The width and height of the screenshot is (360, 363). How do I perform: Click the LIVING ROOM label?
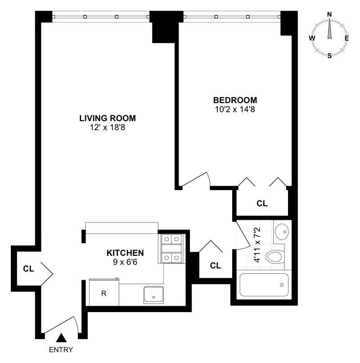point(108,118)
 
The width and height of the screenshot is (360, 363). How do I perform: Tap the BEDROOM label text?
point(235,100)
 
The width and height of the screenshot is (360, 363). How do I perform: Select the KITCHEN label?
point(125,253)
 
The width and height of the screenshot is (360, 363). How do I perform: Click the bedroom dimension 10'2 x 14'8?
point(235,109)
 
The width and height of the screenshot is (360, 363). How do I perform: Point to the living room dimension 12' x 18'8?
point(108,127)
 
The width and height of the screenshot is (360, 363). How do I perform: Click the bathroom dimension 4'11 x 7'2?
point(257,245)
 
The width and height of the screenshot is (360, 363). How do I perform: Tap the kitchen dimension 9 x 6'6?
point(125,262)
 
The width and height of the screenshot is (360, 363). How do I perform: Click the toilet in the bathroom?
point(275,257)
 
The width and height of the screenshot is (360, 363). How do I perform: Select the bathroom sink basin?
point(282,232)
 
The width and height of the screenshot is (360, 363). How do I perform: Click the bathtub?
point(264,285)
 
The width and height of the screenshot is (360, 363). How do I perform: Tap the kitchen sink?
point(153,295)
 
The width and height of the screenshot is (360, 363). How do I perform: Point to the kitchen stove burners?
point(171,248)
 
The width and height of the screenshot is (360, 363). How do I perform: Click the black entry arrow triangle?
point(61,338)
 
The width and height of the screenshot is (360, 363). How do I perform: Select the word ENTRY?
point(61,349)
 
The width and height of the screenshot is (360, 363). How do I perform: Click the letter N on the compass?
point(329,14)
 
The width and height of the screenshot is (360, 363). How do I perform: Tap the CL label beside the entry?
point(28,269)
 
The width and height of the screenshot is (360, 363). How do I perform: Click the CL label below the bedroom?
point(262,204)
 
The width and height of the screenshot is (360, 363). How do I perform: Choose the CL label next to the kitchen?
point(216,266)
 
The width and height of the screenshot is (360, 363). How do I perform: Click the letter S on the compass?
point(329,55)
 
